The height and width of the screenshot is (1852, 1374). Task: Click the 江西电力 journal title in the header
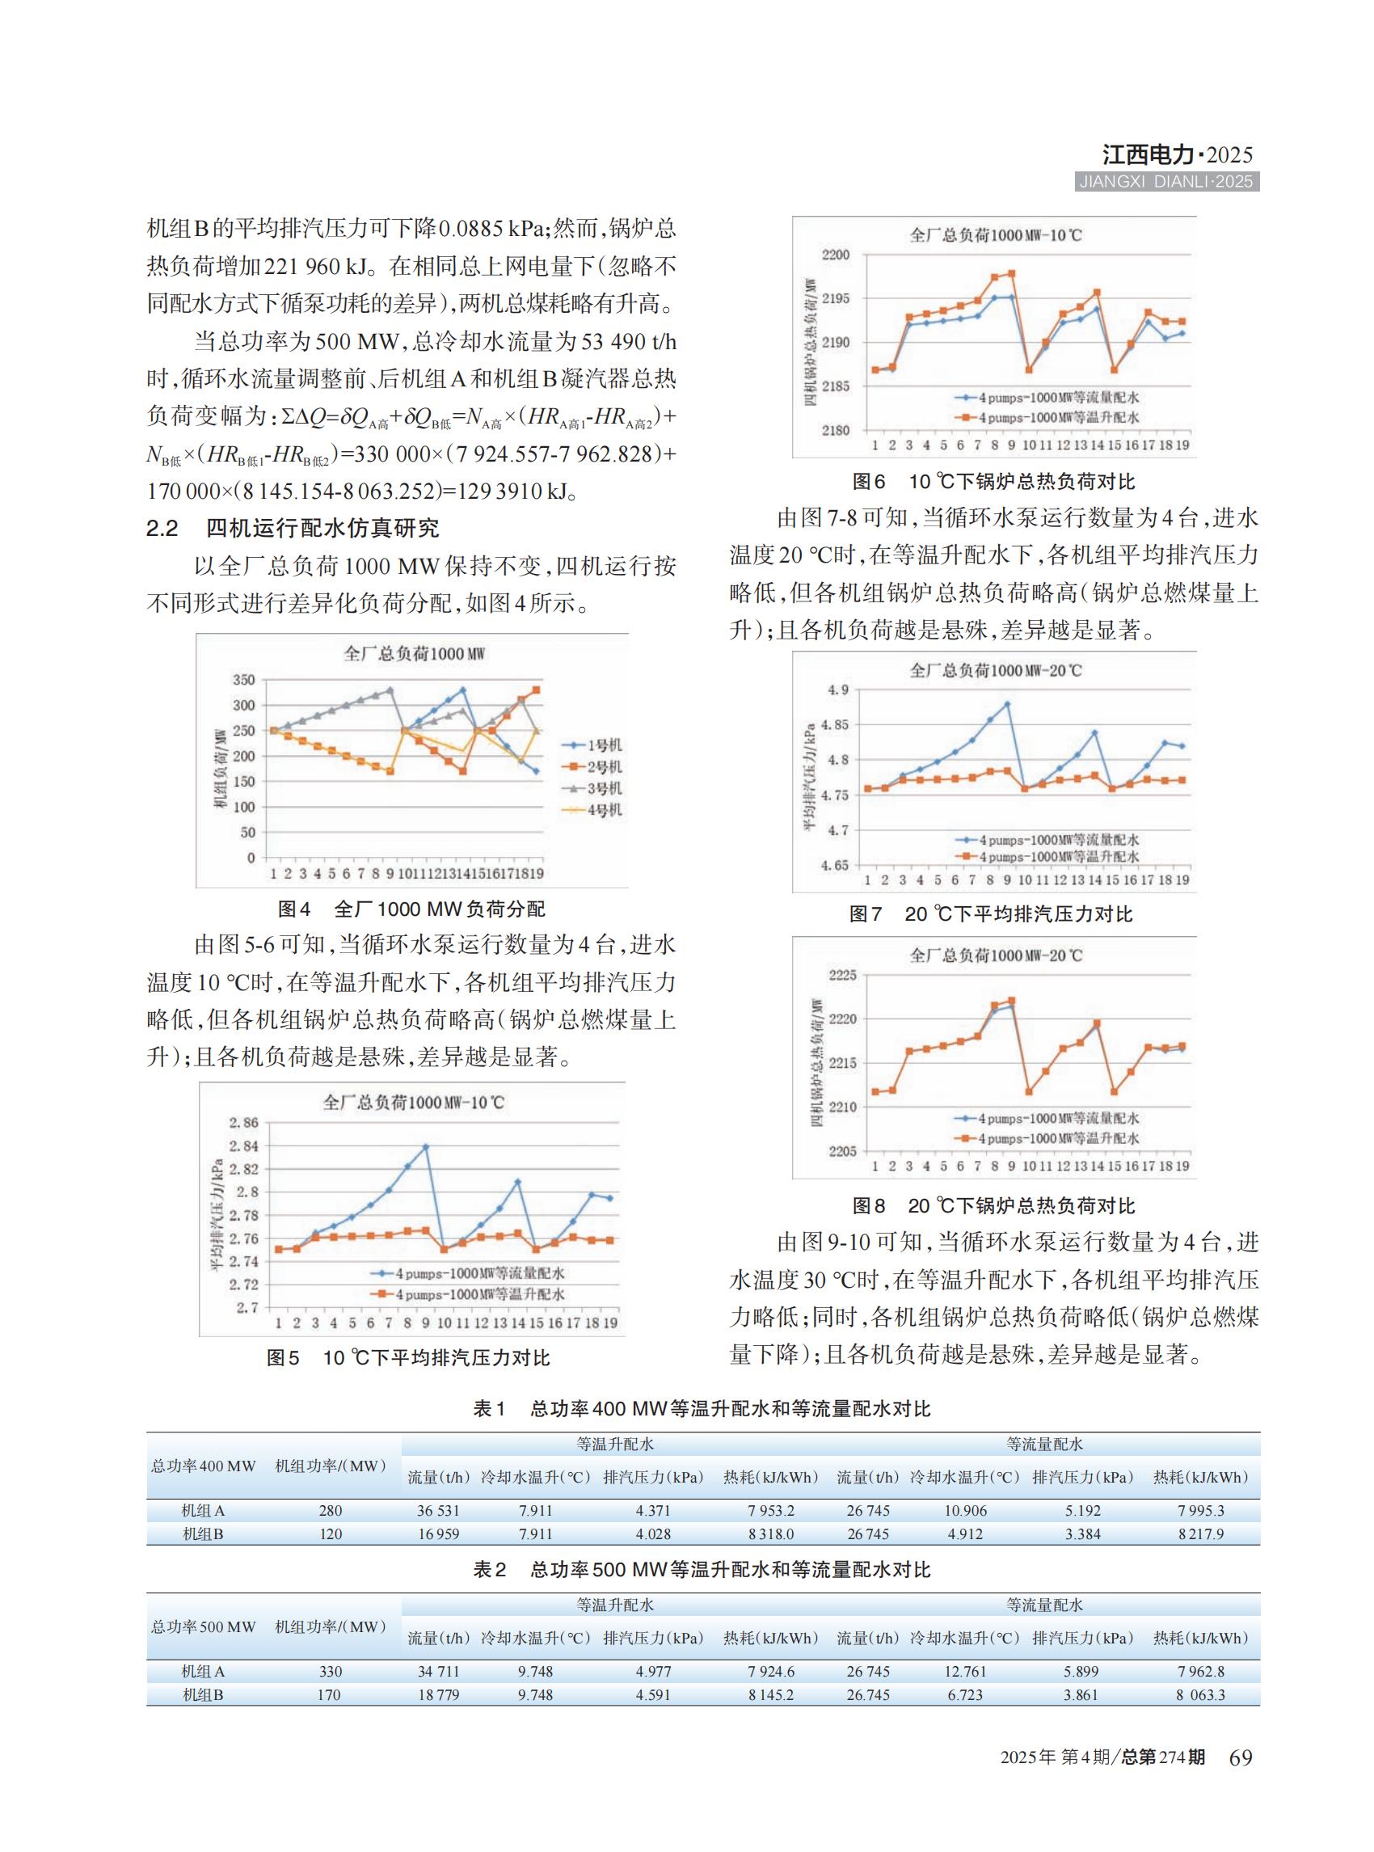(x=1149, y=154)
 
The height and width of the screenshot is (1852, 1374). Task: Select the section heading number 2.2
(x=162, y=529)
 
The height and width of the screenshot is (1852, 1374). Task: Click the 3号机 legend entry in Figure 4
(x=604, y=788)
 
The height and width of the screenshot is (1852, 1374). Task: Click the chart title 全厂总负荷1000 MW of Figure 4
(x=413, y=654)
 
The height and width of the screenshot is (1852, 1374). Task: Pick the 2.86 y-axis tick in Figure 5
(x=244, y=1122)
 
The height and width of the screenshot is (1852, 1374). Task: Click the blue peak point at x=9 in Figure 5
(x=426, y=1146)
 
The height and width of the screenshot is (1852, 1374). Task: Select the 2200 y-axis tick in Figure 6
(x=836, y=255)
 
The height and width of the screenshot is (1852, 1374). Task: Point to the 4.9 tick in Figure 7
(x=838, y=690)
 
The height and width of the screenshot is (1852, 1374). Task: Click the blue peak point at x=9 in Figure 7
(x=1007, y=704)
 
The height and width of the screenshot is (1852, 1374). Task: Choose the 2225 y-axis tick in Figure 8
(x=841, y=975)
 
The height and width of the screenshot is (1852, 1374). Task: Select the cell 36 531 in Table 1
(x=437, y=1510)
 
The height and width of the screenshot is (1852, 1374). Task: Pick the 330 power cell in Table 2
(x=331, y=1671)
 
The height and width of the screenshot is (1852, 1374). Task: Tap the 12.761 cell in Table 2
(x=965, y=1671)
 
